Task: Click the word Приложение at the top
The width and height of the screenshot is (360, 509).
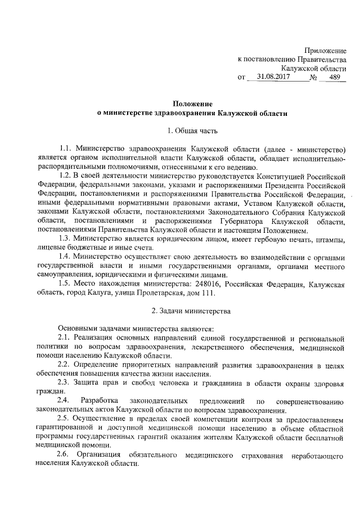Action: pyautogui.click(x=326, y=51)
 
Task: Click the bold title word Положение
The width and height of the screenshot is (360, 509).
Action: pyautogui.click(x=192, y=103)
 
